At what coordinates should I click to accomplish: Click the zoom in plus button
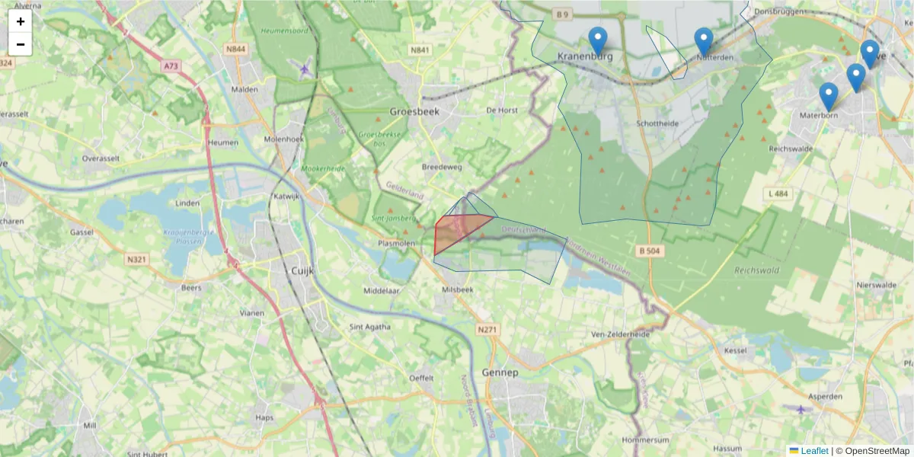click(x=21, y=21)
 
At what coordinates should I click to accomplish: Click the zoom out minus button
click(x=21, y=44)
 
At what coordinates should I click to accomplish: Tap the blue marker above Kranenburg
click(x=599, y=40)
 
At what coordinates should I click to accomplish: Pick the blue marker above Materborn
click(x=829, y=96)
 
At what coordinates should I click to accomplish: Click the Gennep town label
click(x=500, y=372)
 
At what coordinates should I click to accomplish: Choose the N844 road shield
click(x=235, y=50)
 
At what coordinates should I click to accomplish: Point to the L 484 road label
click(x=778, y=194)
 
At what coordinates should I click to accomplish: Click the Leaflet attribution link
click(x=813, y=451)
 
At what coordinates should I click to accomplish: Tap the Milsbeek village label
click(x=457, y=289)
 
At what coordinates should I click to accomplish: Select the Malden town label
click(x=244, y=89)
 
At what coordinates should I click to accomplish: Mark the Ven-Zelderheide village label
click(x=620, y=334)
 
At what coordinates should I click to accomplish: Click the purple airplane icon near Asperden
click(x=801, y=410)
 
